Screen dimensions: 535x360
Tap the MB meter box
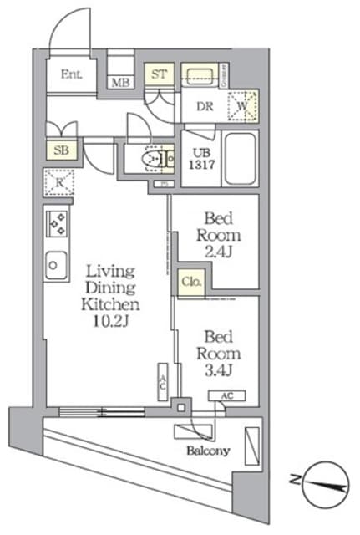(x=120, y=82)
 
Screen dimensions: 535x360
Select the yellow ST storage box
(x=160, y=74)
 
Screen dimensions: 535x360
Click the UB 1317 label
(x=200, y=159)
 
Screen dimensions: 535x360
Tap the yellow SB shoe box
(x=61, y=150)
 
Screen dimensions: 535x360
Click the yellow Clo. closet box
(x=190, y=283)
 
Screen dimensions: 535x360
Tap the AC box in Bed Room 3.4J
(x=227, y=396)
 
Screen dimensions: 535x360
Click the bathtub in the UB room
(x=241, y=157)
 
